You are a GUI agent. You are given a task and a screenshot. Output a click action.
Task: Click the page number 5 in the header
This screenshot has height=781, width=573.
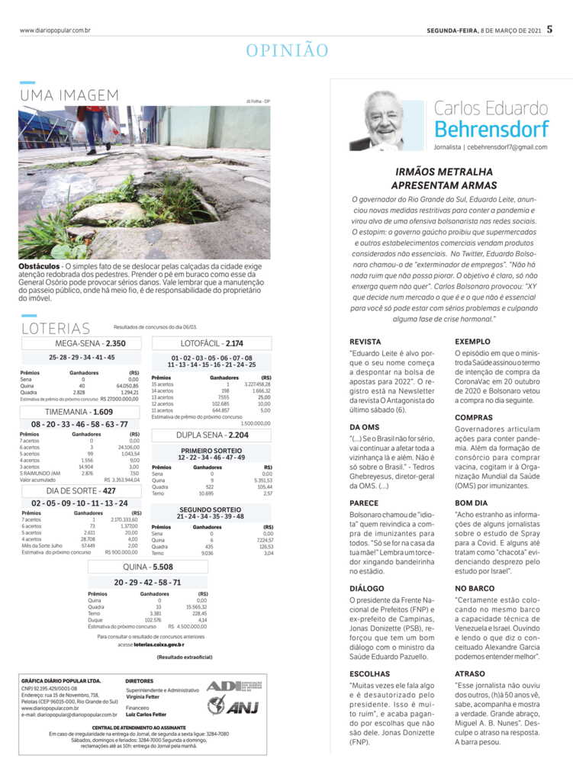(x=559, y=30)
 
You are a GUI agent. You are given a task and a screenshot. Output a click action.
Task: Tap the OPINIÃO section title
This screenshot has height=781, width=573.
(x=287, y=51)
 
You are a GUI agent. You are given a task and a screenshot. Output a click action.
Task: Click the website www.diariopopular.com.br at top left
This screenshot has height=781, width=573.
(x=55, y=31)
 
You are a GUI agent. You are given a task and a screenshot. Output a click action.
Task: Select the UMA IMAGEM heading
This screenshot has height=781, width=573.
(x=69, y=96)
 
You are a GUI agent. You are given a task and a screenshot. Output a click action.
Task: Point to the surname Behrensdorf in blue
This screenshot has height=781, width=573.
(x=491, y=128)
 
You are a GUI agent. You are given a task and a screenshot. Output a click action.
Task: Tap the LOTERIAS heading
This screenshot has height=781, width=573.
(x=56, y=329)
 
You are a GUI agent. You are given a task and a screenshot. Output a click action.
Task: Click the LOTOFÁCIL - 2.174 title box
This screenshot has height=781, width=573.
(x=212, y=343)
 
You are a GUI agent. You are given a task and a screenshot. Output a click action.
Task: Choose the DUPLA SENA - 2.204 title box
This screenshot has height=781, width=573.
(x=212, y=435)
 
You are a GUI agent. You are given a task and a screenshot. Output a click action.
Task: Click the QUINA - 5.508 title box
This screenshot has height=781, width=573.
(x=148, y=567)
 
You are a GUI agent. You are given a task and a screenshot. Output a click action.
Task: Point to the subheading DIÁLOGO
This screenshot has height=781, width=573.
(x=367, y=589)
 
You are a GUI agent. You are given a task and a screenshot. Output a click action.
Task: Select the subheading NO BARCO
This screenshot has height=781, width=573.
(x=475, y=589)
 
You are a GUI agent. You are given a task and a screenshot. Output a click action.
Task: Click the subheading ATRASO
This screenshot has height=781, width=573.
(x=469, y=674)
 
